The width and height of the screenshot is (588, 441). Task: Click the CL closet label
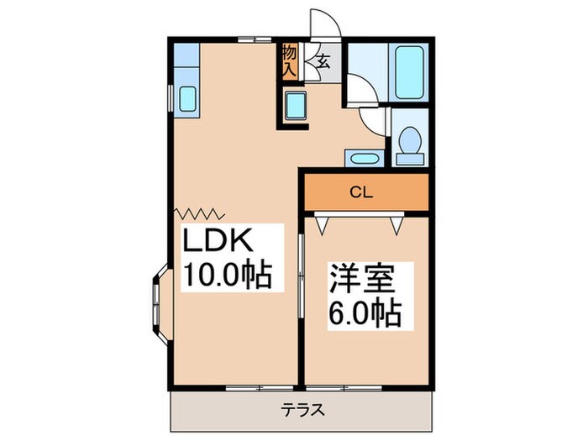coord(361,192)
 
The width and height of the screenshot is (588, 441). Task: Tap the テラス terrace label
coord(302,411)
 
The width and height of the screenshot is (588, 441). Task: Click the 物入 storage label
coord(289,61)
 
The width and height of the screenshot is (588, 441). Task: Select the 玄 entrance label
coord(323,60)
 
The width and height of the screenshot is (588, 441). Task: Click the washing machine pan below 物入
coord(296,107)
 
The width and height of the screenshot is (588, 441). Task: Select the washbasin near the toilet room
coord(363,159)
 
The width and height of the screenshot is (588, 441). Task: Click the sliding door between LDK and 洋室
coord(302,278)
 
